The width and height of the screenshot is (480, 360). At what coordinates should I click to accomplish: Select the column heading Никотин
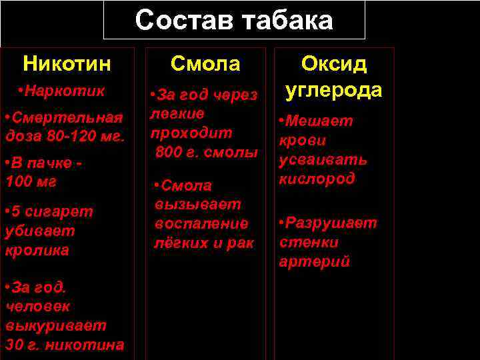67,64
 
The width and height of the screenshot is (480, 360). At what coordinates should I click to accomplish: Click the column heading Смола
205,64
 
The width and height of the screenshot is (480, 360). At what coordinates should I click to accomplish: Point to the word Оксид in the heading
334,64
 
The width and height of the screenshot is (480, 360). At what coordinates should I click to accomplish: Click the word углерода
334,90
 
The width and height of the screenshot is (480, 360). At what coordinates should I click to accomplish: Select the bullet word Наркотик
65,90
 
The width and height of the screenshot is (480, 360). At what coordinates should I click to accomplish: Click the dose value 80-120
67,137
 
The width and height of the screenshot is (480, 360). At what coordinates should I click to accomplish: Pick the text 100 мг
31,181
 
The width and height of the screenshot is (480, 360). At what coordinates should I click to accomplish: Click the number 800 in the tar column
169,153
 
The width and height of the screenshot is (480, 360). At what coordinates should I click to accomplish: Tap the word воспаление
201,223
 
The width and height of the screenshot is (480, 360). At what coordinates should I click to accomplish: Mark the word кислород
317,179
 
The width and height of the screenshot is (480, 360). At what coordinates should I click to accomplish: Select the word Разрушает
332,223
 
